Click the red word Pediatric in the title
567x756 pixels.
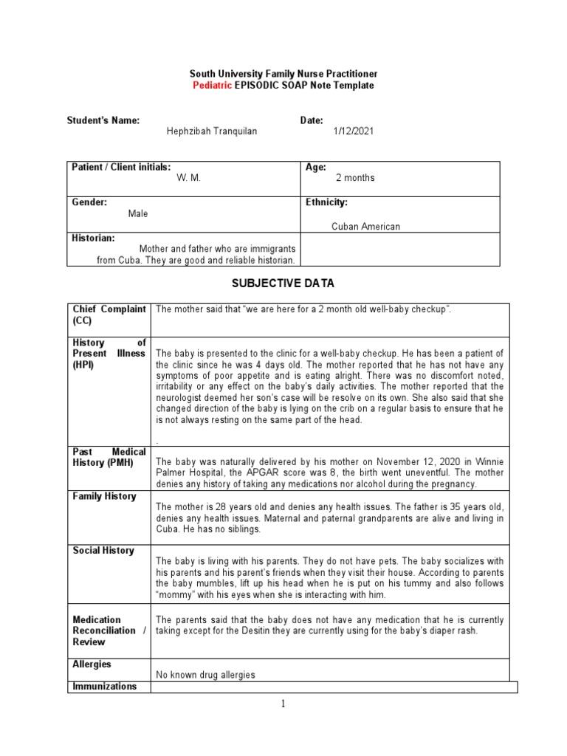click(x=212, y=86)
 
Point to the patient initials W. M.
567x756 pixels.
click(x=190, y=178)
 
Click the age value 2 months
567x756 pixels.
click(x=355, y=178)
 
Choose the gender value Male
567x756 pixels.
click(x=138, y=213)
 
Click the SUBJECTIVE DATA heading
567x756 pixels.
click(x=283, y=283)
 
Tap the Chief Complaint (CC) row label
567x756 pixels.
click(x=109, y=315)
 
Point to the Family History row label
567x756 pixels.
click(x=104, y=497)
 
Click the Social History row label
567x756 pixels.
click(x=103, y=551)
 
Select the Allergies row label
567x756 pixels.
click(x=92, y=665)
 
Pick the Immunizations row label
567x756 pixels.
click(x=104, y=687)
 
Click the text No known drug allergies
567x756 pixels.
click(x=205, y=675)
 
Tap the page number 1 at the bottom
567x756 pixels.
click(x=283, y=704)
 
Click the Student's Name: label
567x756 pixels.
click(x=103, y=120)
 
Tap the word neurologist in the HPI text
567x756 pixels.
click(x=179, y=397)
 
